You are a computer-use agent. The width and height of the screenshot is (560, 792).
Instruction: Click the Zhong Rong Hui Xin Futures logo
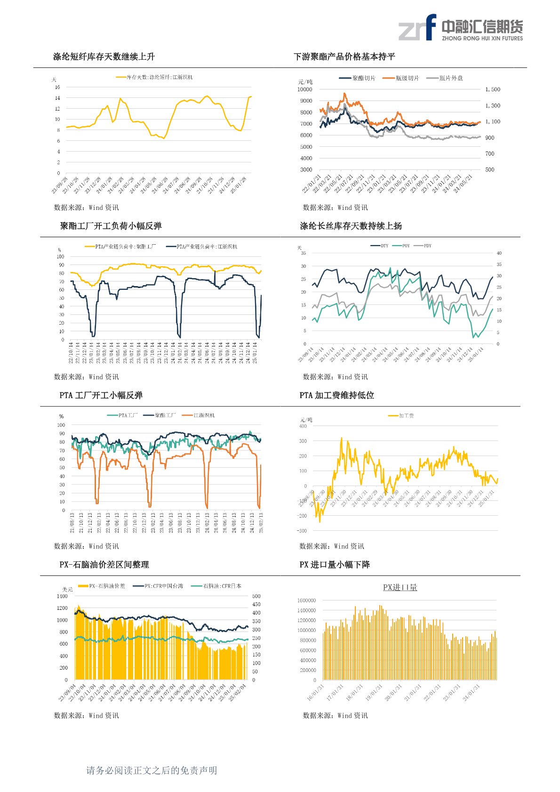(460, 27)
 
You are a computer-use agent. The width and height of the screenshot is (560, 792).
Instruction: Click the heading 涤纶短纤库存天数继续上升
(104, 56)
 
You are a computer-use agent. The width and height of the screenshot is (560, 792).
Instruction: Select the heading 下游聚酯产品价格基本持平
(344, 56)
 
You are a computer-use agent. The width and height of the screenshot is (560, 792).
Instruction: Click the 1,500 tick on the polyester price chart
(493, 89)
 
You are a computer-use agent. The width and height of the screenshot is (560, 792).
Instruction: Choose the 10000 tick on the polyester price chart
(304, 89)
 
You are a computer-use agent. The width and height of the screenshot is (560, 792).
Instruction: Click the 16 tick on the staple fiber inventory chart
(57, 87)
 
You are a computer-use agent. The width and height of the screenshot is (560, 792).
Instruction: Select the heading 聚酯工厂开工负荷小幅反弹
(111, 226)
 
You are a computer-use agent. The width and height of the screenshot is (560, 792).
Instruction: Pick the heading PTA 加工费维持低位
(336, 395)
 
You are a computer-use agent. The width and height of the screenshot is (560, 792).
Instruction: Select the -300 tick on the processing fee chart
(302, 531)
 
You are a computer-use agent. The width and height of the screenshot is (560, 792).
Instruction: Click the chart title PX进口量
(400, 587)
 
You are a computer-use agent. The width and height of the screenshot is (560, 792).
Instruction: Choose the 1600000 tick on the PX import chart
(306, 600)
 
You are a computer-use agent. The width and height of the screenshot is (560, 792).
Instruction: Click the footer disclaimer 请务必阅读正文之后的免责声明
(152, 770)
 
